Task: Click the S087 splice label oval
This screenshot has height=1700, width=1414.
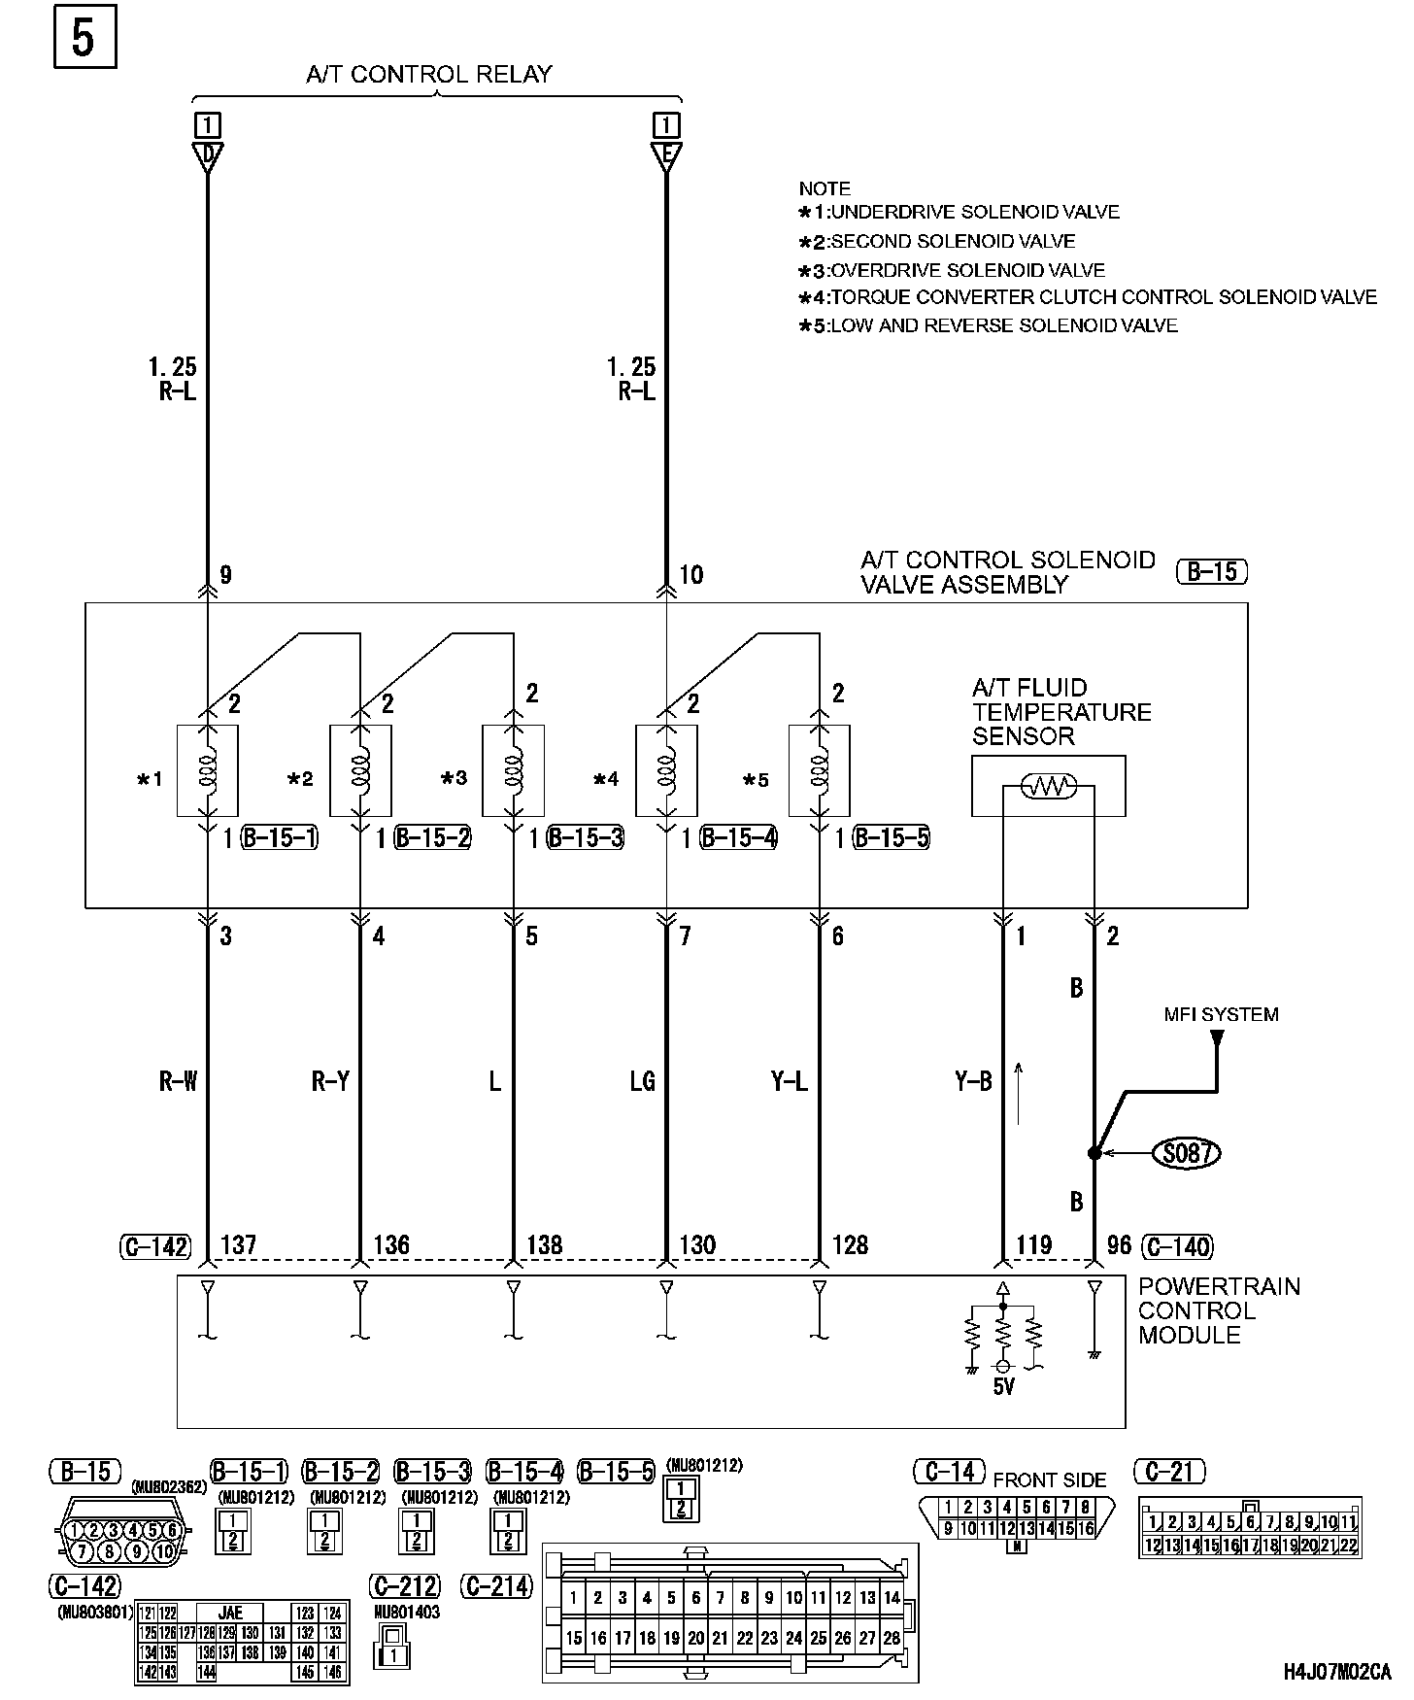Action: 1185,1153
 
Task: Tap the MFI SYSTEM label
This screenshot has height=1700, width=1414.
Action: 1221,1015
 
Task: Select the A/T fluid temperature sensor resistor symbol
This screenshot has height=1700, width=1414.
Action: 1047,786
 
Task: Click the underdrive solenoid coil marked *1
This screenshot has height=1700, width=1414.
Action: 207,769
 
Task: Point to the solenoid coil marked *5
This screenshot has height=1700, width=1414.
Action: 819,769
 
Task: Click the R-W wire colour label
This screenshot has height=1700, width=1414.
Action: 178,1081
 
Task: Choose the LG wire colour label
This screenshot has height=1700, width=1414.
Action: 643,1081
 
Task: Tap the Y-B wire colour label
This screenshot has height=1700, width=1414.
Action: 972,1081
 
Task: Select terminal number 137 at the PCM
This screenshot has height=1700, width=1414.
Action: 239,1245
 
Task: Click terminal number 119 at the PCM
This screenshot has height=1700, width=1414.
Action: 1034,1245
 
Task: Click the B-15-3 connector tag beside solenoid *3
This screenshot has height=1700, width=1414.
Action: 586,837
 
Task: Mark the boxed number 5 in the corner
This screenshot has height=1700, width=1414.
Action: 84,38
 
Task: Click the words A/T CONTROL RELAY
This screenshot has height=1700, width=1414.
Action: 428,75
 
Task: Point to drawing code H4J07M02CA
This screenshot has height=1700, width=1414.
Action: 1335,1673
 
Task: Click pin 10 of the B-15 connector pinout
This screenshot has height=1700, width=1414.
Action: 164,1551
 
